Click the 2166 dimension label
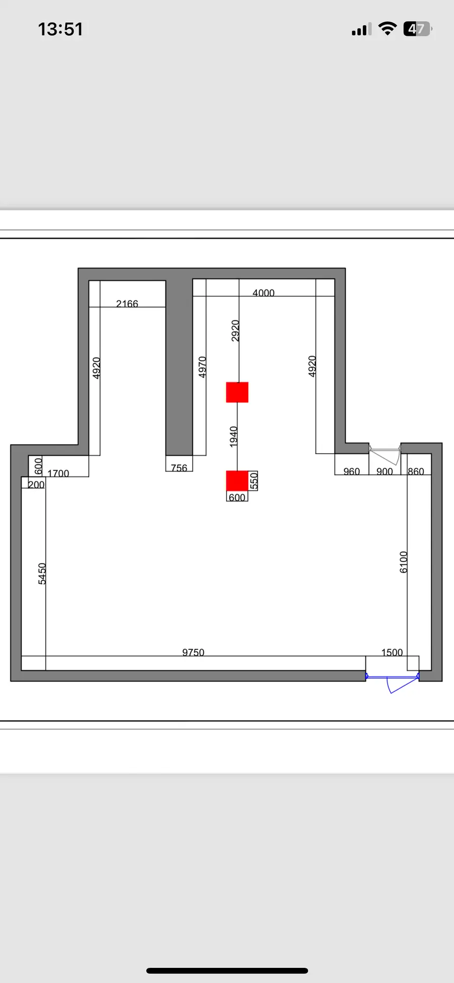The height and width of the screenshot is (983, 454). [127, 304]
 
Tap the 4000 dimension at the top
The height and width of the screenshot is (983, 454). [263, 293]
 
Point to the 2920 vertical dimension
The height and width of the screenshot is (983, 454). [235, 331]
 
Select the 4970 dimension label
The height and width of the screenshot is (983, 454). [202, 367]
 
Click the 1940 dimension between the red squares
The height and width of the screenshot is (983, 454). [234, 436]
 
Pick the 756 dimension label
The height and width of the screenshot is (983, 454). [179, 468]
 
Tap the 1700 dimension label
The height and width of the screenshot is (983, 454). [58, 473]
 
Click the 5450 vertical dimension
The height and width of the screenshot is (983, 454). [42, 574]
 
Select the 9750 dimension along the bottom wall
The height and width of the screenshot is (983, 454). [193, 652]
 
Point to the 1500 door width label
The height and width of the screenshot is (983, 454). [392, 652]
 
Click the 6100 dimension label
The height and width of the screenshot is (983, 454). [404, 562]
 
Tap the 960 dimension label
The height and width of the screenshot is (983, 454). [352, 471]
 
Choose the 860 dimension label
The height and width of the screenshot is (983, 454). [416, 471]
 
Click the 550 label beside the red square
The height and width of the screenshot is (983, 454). [254, 480]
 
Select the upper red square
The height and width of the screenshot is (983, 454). [237, 392]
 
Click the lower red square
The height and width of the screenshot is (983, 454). [237, 480]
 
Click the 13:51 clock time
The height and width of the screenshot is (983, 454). [61, 29]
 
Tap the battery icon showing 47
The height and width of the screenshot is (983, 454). [417, 29]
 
